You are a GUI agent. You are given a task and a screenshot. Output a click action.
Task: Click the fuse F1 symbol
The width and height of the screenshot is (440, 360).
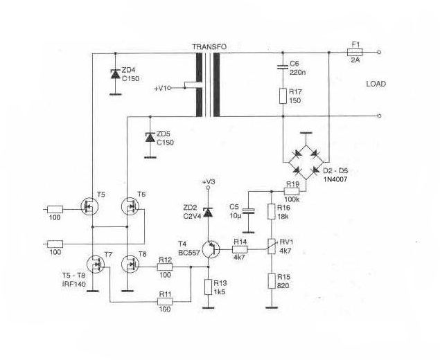click(x=355, y=52)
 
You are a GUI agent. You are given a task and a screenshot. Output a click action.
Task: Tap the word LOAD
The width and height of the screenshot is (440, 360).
click(x=376, y=84)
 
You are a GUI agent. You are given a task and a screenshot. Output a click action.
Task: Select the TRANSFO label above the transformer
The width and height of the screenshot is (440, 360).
click(x=209, y=47)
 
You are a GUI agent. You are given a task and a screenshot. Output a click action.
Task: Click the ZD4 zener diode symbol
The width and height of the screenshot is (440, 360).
click(x=115, y=74)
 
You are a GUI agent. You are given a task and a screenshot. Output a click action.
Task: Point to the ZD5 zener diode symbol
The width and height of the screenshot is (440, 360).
click(x=150, y=137)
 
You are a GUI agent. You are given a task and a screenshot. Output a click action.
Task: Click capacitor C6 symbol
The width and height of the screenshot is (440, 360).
click(x=283, y=67)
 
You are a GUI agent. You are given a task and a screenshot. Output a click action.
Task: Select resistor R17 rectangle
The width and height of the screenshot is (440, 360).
click(x=283, y=96)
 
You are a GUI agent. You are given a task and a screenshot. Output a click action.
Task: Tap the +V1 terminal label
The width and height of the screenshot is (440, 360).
click(x=161, y=89)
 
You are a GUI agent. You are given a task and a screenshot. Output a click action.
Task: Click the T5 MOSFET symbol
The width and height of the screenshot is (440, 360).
click(x=89, y=206)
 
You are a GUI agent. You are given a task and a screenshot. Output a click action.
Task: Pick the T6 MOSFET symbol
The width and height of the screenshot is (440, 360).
click(x=130, y=206)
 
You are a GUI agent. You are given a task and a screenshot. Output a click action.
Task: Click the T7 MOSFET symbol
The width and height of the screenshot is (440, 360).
click(x=96, y=264)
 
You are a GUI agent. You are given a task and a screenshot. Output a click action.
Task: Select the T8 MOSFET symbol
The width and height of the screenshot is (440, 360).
click(x=130, y=264)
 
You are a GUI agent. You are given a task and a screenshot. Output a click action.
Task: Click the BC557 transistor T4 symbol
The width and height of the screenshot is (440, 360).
click(x=211, y=249)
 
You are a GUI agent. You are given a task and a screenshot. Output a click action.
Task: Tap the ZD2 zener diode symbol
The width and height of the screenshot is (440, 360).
click(x=208, y=213)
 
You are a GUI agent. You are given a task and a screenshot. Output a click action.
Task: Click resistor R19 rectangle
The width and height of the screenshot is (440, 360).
click(x=292, y=192)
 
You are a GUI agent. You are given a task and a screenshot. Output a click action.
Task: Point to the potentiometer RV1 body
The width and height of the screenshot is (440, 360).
click(x=272, y=246)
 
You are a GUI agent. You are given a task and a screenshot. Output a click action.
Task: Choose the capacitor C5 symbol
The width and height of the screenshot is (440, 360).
click(x=249, y=211)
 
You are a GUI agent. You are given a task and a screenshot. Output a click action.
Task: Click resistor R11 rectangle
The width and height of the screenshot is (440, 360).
click(x=165, y=302)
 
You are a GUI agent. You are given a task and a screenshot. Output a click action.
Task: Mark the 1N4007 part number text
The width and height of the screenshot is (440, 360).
click(x=335, y=179)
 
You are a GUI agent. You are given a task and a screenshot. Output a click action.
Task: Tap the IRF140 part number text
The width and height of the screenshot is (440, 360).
click(x=74, y=284)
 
